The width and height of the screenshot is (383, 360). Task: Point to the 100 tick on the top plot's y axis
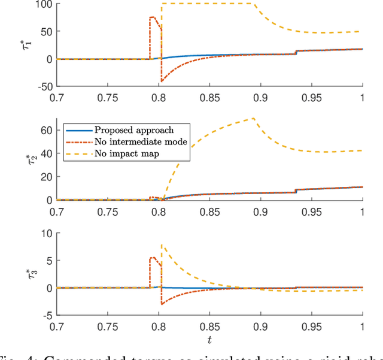[x=45, y=4]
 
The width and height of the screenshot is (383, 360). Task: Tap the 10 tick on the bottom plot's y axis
[x=47, y=233]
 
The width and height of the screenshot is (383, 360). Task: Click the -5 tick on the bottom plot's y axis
[x=47, y=315]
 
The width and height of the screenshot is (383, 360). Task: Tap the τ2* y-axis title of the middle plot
[x=30, y=159]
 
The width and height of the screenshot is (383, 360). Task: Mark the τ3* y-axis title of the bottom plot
[x=30, y=274]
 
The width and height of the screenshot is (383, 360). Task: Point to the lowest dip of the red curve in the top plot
[x=162, y=81]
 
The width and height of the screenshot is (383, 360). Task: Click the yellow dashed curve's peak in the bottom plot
[x=162, y=244]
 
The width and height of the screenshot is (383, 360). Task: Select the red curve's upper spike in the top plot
[x=153, y=17]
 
